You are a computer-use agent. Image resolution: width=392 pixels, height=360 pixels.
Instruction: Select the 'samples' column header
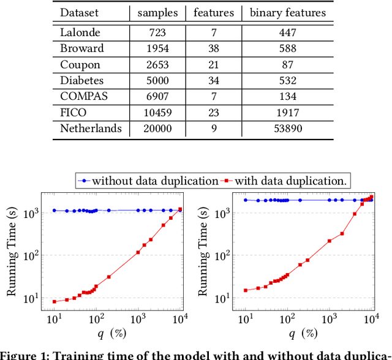tap(158, 12)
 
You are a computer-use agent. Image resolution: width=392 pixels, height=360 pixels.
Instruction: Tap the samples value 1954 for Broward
tap(158, 48)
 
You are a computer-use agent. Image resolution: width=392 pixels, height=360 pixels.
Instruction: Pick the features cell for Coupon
tap(213, 64)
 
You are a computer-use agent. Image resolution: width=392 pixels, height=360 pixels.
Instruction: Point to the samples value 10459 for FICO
tap(158, 112)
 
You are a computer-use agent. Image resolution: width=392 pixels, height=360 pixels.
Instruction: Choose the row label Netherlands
tap(91, 128)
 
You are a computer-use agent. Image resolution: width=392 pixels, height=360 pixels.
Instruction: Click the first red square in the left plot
tap(55, 301)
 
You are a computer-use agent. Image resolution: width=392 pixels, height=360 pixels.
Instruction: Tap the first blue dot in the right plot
tap(246, 200)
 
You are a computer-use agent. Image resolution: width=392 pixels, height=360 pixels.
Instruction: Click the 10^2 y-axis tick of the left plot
tap(29, 255)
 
